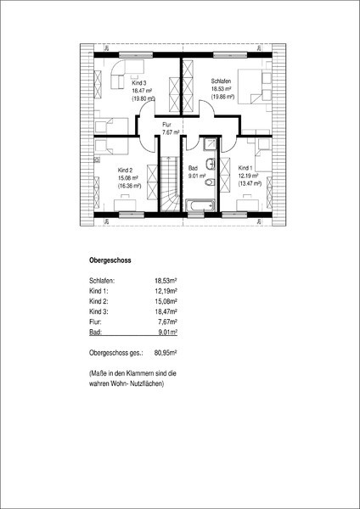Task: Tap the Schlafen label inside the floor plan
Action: (221, 81)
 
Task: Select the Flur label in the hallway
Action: (167, 125)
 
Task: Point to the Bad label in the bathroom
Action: (193, 169)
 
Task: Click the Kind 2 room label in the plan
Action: (125, 171)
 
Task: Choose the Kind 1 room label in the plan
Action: (245, 168)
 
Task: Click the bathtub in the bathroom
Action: (200, 205)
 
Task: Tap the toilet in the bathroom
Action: (211, 182)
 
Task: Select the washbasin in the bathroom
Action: (211, 164)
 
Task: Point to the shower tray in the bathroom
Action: (210, 144)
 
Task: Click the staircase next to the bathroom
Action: (169, 184)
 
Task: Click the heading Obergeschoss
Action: (110, 260)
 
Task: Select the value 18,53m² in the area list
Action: (166, 281)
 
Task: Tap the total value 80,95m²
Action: (166, 353)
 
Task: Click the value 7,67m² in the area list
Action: (167, 322)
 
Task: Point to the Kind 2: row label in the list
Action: (97, 301)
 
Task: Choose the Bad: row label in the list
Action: (95, 333)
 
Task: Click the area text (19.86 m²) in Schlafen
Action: (223, 97)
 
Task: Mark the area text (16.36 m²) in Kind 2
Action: (129, 186)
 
